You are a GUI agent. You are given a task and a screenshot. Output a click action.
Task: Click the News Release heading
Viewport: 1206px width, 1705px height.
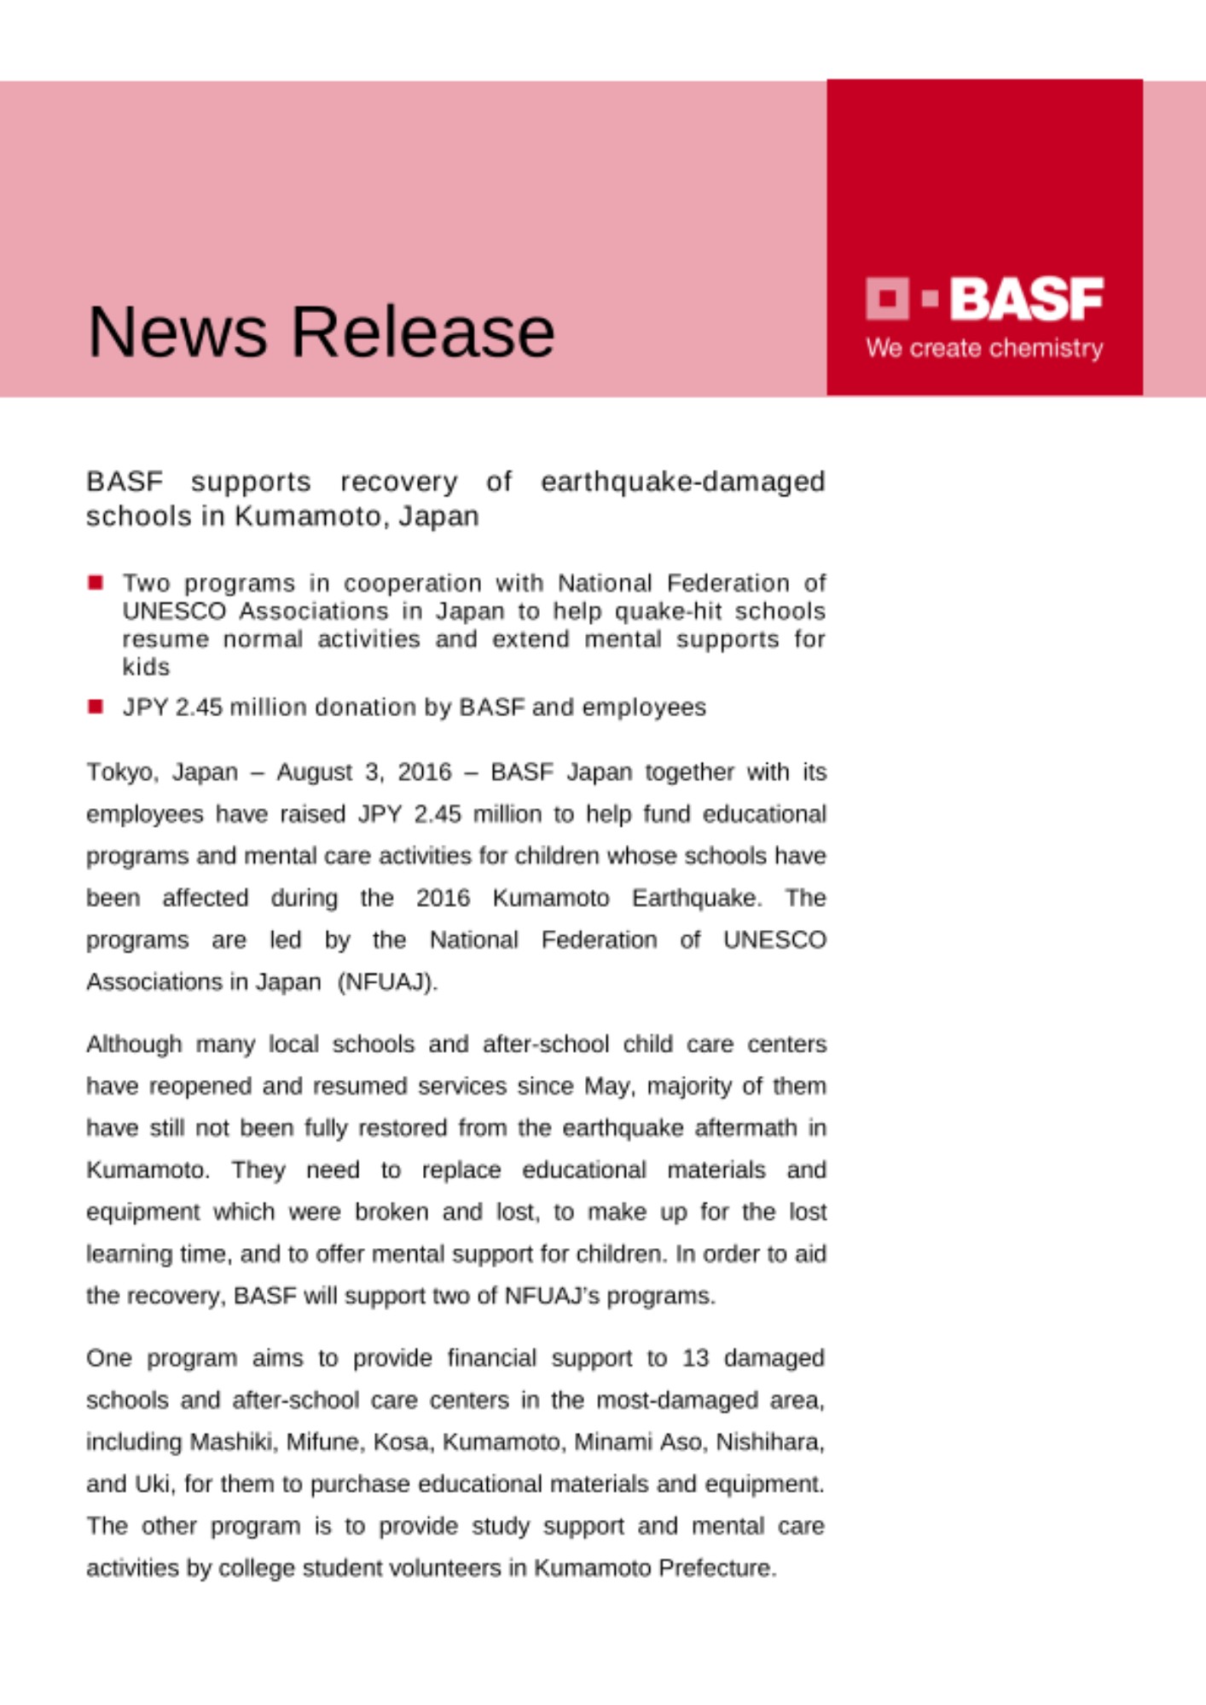tap(321, 332)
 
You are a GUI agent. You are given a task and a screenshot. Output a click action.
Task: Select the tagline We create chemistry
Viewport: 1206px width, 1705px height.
tap(984, 348)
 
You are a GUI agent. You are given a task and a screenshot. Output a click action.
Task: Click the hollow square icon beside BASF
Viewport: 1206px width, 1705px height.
tap(887, 298)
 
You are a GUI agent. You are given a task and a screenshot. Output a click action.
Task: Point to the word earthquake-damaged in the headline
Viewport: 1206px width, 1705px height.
tap(682, 482)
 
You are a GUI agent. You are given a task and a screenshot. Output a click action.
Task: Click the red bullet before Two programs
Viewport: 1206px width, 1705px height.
tap(96, 583)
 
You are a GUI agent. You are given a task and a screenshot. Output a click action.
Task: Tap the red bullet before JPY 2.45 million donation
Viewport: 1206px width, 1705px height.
tap(96, 707)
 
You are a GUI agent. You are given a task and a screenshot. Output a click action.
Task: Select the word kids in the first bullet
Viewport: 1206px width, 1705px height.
tap(146, 667)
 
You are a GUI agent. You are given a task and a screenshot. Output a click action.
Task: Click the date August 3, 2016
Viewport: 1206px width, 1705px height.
tap(364, 772)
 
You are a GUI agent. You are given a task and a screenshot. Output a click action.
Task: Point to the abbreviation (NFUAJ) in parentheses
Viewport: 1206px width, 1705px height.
tap(387, 982)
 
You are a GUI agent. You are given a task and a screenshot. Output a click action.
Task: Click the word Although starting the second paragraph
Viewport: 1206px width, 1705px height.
tap(134, 1044)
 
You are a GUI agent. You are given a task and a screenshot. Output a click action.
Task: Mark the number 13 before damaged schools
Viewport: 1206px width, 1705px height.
tap(695, 1358)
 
